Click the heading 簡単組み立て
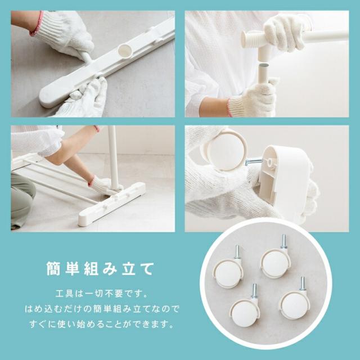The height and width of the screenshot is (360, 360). [100, 268]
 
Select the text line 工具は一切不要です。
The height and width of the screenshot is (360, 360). [102, 294]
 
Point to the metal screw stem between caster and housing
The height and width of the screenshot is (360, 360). [254, 161]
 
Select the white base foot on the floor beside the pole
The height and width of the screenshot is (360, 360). [112, 202]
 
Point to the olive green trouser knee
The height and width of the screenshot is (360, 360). [22, 197]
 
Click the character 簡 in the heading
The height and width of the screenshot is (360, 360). [53, 268]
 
